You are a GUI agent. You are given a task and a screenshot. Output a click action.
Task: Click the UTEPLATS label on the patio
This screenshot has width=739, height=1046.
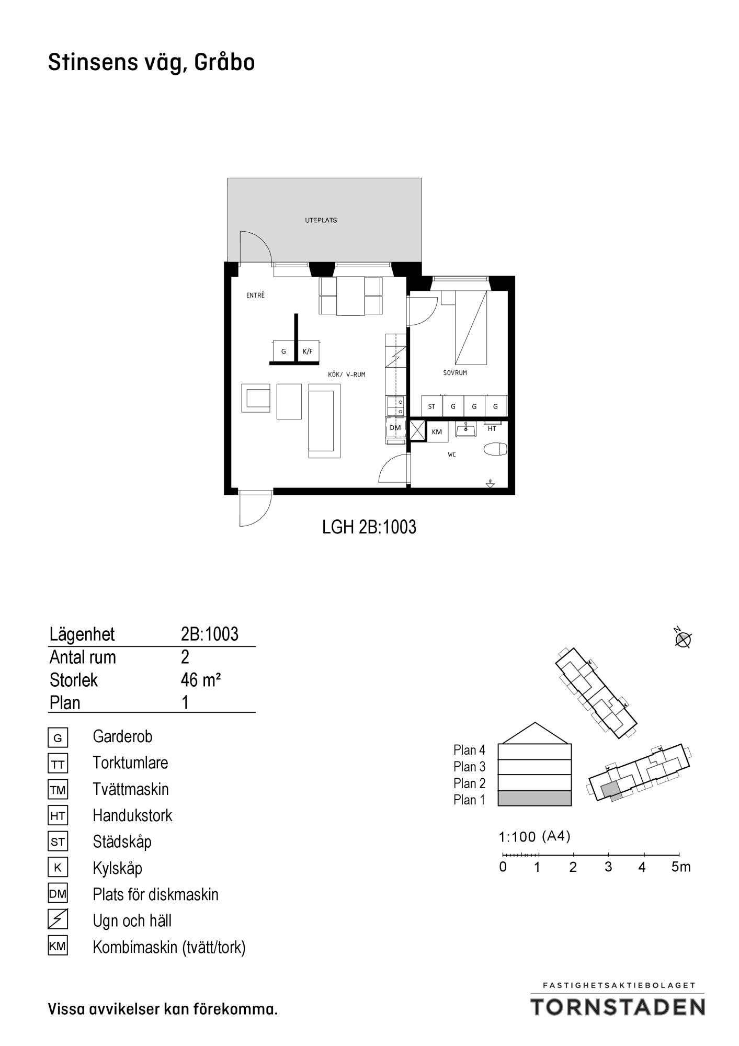pyautogui.click(x=321, y=220)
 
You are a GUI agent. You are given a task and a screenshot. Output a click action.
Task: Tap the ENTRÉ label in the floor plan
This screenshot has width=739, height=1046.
pyautogui.click(x=255, y=295)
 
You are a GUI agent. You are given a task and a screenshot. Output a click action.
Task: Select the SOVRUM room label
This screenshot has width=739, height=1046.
pyautogui.click(x=454, y=373)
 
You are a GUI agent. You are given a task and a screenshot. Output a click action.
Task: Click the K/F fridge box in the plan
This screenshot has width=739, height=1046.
pyautogui.click(x=308, y=351)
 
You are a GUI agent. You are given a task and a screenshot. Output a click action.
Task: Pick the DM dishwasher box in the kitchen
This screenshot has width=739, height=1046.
pyautogui.click(x=395, y=428)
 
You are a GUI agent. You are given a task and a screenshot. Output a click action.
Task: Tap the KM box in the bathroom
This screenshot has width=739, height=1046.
pyautogui.click(x=437, y=431)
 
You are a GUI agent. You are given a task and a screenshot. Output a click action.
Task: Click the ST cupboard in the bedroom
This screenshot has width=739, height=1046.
pyautogui.click(x=432, y=406)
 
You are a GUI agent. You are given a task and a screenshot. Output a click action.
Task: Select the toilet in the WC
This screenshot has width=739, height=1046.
pyautogui.click(x=496, y=449)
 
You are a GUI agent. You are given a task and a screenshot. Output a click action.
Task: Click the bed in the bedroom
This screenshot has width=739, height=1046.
pyautogui.click(x=471, y=327)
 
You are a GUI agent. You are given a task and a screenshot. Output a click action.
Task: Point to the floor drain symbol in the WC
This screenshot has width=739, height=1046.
pyautogui.click(x=490, y=484)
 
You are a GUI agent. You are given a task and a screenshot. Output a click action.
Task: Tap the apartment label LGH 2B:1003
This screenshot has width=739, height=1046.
pyautogui.click(x=369, y=527)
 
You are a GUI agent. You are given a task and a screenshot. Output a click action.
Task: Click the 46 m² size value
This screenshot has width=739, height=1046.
pyautogui.click(x=201, y=680)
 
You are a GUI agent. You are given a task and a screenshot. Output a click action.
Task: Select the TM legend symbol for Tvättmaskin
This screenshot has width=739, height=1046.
pyautogui.click(x=58, y=789)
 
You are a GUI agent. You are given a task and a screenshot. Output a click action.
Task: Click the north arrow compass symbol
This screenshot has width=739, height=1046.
pyautogui.click(x=683, y=639)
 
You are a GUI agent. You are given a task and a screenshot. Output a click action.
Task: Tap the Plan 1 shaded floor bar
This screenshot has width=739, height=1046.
pyautogui.click(x=535, y=798)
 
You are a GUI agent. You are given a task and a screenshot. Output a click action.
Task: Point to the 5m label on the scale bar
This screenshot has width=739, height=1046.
pyautogui.click(x=681, y=867)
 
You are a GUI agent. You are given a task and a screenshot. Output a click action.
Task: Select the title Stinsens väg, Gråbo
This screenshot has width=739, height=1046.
pyautogui.click(x=152, y=63)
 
